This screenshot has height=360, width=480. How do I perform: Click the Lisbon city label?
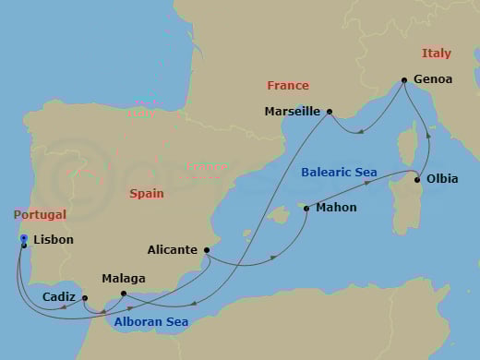coord(53,240)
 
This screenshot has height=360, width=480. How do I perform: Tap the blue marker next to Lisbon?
coord(23,238)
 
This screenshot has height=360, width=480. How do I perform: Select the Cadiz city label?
coord(59,297)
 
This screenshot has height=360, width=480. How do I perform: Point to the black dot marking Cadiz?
coord(84,298)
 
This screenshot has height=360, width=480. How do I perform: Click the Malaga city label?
coord(124,278)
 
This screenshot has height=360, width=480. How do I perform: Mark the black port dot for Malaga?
coord(123,294)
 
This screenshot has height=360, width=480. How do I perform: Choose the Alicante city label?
coord(173,249)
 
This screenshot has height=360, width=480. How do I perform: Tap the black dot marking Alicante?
coord(206,249)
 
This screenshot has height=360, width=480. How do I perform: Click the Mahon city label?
coord(336,208)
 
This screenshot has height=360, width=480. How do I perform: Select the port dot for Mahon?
coord(306,209)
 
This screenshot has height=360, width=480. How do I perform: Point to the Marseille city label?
coord(292,112)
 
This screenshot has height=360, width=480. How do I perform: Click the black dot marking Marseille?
coord(329,112)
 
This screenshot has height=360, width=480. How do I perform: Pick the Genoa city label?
coord(433,79)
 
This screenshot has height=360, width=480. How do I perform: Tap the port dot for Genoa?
coord(404,79)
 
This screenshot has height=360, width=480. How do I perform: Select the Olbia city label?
coord(442,180)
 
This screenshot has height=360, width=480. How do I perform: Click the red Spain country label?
coord(147,195)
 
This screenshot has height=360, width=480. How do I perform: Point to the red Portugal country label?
coord(40,215)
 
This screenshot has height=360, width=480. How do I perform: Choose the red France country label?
coord(288,86)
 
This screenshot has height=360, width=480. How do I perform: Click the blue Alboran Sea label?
coord(150,322)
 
